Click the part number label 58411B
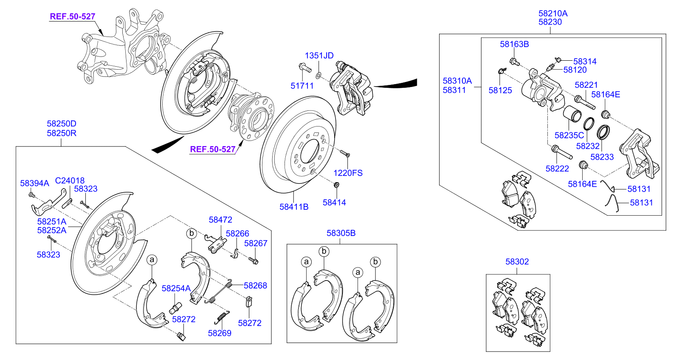coord(294,207)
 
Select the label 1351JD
coord(319,56)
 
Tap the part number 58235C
coord(569,135)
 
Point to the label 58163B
coord(514,44)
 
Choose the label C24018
coord(70,180)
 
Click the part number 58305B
coord(341,233)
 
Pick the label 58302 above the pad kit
coord(517,262)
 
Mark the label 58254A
coord(176,288)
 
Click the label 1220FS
coord(348,173)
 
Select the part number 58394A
coord(34,183)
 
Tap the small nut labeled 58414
coord(336,185)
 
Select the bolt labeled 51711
coord(304,67)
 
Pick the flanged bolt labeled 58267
coord(254,260)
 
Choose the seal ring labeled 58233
coord(603,132)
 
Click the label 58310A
coord(457,81)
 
